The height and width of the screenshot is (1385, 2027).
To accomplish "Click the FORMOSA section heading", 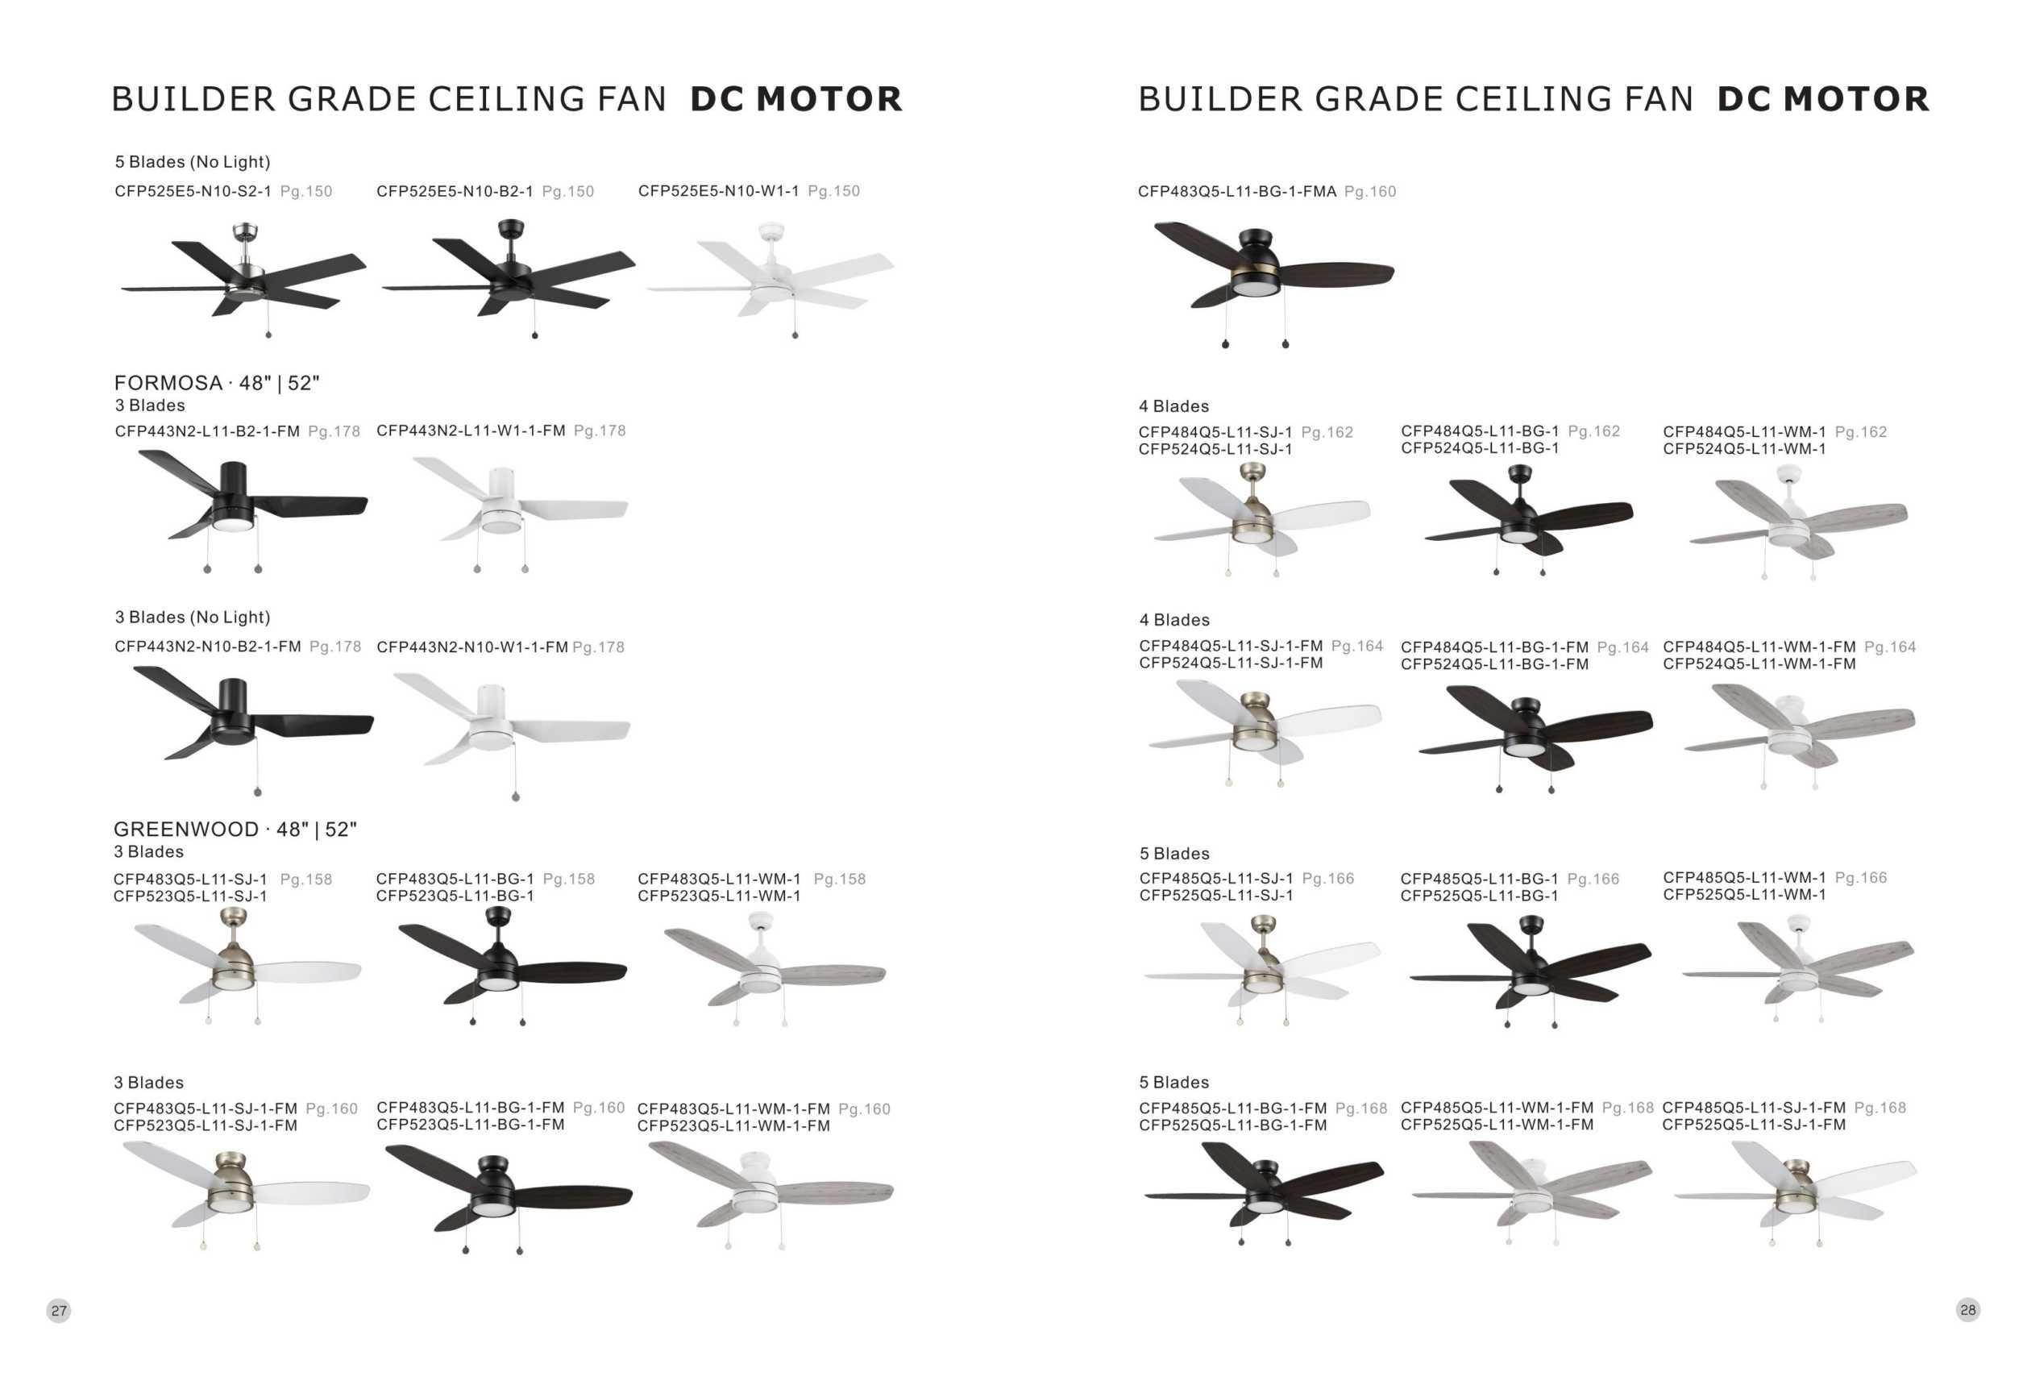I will (x=216, y=383).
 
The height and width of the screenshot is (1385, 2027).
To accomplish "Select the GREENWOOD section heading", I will (x=235, y=830).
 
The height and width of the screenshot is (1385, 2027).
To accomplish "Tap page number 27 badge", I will (x=59, y=1310).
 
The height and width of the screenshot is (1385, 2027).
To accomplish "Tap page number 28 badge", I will (x=1967, y=1309).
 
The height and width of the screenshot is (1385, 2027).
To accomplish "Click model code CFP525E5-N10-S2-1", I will (x=193, y=191).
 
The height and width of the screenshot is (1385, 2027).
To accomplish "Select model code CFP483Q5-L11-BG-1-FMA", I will (x=1237, y=192).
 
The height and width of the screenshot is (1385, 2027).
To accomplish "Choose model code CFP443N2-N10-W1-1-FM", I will (x=471, y=647).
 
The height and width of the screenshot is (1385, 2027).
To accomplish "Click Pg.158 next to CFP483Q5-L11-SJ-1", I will (x=306, y=880).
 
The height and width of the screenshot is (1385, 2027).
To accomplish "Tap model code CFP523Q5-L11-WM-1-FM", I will (x=733, y=1126).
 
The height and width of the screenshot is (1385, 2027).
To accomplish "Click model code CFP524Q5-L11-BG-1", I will (x=1479, y=448).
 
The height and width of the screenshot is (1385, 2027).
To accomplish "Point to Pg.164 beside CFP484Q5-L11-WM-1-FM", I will (x=1890, y=647).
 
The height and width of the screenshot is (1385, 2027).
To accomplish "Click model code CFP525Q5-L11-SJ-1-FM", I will (x=1753, y=1125).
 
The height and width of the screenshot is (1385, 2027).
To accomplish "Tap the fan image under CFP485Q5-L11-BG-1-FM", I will (x=1263, y=1191).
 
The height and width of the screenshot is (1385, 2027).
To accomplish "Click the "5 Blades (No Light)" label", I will (x=193, y=162).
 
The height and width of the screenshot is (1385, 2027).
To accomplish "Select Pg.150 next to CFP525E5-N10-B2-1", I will (x=568, y=192).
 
